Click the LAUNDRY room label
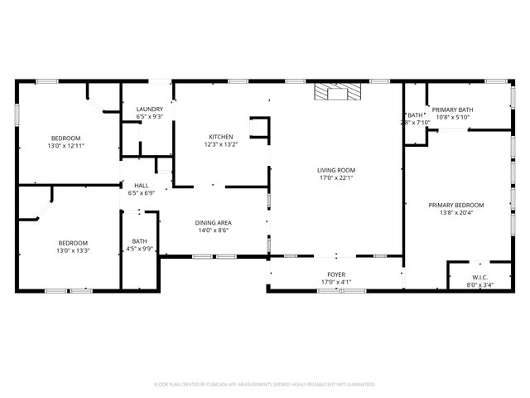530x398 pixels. pos(149,109)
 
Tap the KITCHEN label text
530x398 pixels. pos(220,137)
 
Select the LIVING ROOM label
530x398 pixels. pos(335,170)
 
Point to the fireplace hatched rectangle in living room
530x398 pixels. pos(338,92)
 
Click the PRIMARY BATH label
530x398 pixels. pos(452,109)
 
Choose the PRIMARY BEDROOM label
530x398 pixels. pos(456,205)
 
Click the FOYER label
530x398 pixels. pos(335,274)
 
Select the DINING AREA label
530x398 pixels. pos(213,222)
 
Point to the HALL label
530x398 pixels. pos(142,186)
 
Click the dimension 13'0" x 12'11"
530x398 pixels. pos(65,145)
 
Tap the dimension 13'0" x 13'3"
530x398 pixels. pos(73,250)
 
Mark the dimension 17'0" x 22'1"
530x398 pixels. pos(335,177)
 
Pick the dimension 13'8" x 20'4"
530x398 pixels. pos(456,212)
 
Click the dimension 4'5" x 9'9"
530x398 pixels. pos(139,249)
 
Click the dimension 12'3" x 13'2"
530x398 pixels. pos(220,144)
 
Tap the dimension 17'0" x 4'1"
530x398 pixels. pos(335,282)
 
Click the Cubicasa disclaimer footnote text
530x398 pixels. pos(265,384)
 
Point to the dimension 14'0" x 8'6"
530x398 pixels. pos(213,230)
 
